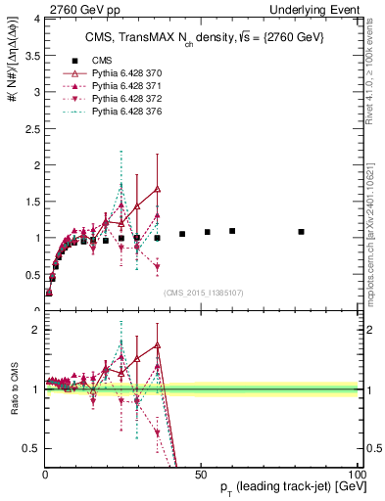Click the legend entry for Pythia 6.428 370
[124, 72]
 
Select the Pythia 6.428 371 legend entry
[124, 86]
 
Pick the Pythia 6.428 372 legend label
[124, 100]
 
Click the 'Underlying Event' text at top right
[321, 9]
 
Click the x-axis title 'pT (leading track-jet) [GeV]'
[278, 486]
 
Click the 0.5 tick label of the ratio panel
[30, 448]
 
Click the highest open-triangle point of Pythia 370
[158, 189]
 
